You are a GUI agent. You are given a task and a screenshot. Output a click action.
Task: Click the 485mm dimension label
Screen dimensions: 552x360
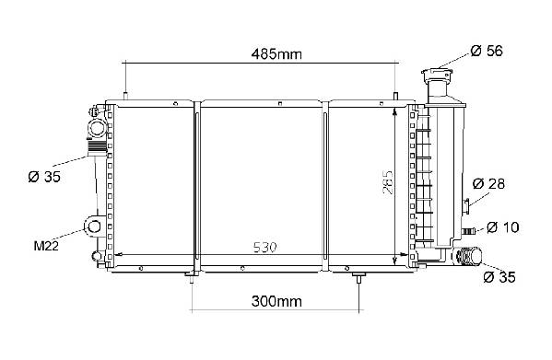(x=276, y=54)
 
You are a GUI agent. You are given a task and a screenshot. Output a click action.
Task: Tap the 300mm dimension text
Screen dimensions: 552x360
(x=276, y=301)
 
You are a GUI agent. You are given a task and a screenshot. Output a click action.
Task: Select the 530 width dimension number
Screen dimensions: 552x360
(x=265, y=248)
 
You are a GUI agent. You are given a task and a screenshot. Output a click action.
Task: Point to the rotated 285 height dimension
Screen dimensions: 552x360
(x=388, y=182)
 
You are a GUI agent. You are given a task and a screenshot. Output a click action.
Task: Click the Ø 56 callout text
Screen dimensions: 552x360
(x=487, y=51)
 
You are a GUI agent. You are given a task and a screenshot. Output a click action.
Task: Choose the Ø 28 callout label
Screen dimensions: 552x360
(x=488, y=183)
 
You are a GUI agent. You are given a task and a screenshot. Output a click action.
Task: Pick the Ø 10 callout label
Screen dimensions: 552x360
(x=503, y=227)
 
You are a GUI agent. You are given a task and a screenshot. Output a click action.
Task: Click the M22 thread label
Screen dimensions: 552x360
(x=46, y=246)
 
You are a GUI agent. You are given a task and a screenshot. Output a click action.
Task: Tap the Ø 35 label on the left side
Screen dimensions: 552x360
(x=44, y=177)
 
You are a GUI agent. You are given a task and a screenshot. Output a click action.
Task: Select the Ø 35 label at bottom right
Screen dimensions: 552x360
(x=499, y=277)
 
